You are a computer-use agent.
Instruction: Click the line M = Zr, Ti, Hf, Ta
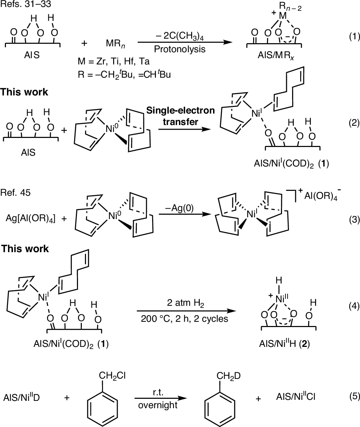point(114,62)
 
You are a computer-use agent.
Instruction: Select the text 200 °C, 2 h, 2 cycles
point(185,318)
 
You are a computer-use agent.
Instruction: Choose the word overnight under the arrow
point(158,405)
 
